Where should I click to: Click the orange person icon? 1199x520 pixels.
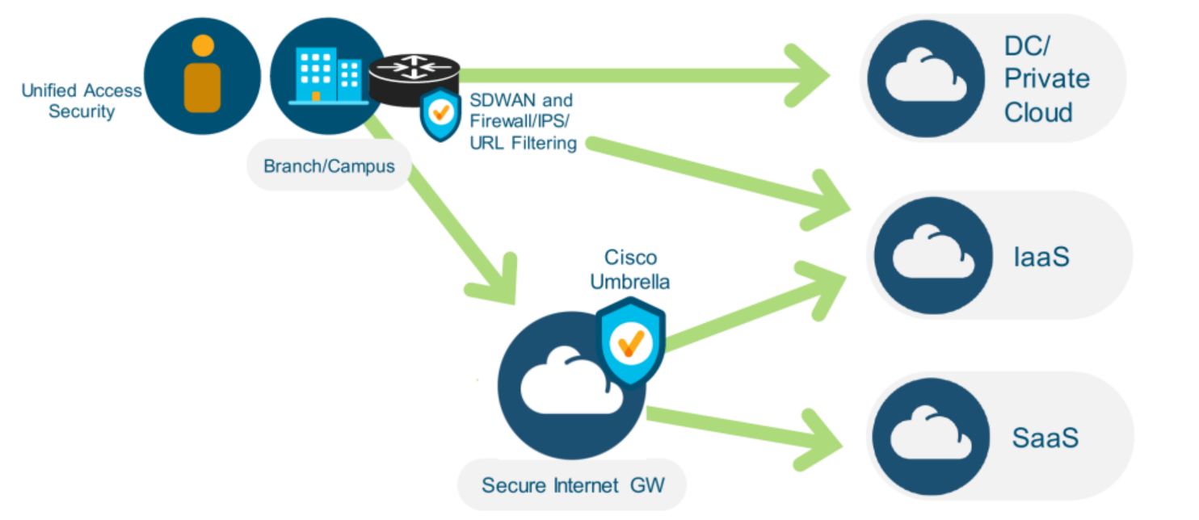(202, 74)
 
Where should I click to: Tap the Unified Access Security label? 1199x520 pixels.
(82, 101)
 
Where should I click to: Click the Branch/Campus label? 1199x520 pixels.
(329, 166)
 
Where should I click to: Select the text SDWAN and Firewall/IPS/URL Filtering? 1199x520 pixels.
(523, 122)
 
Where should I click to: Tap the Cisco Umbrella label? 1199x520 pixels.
(630, 270)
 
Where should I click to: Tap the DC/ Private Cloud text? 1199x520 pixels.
(1046, 79)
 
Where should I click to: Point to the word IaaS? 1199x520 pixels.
(1041, 257)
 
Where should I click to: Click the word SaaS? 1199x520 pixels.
(1045, 438)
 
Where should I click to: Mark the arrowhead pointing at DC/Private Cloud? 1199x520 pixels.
(812, 76)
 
